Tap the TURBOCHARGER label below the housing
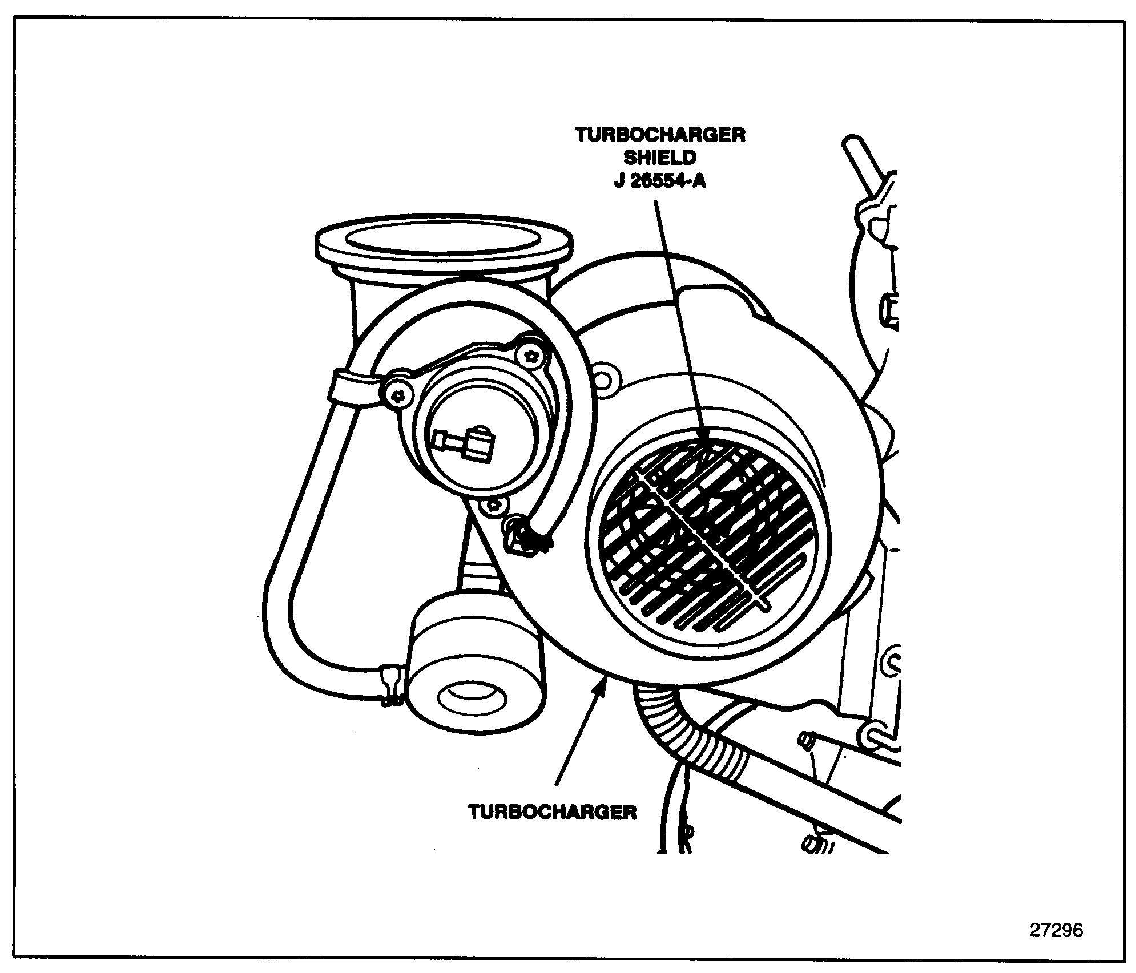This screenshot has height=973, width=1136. pos(552,812)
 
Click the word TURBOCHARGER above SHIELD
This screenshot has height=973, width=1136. pos(660,135)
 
